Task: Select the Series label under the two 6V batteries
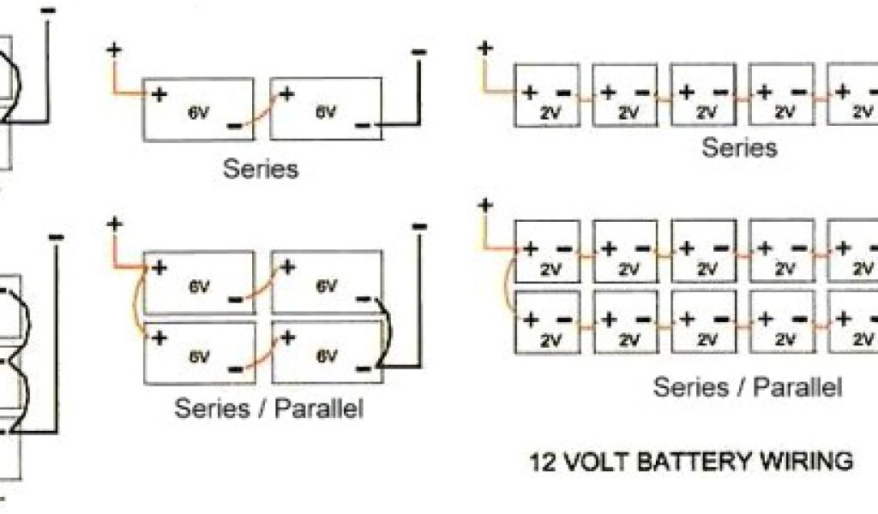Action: click(x=261, y=168)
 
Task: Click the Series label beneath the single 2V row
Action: click(x=740, y=147)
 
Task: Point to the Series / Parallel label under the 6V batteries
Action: click(x=269, y=408)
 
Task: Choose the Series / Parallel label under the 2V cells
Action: click(x=748, y=386)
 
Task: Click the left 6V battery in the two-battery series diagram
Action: click(x=199, y=109)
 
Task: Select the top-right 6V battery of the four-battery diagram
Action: click(x=327, y=282)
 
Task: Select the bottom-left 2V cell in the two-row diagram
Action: click(x=547, y=326)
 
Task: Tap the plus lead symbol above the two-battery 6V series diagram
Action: click(x=115, y=49)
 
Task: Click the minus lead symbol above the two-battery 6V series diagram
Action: click(x=418, y=51)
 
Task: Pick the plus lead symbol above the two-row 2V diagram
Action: click(x=485, y=205)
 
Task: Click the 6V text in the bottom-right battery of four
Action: click(x=325, y=355)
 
